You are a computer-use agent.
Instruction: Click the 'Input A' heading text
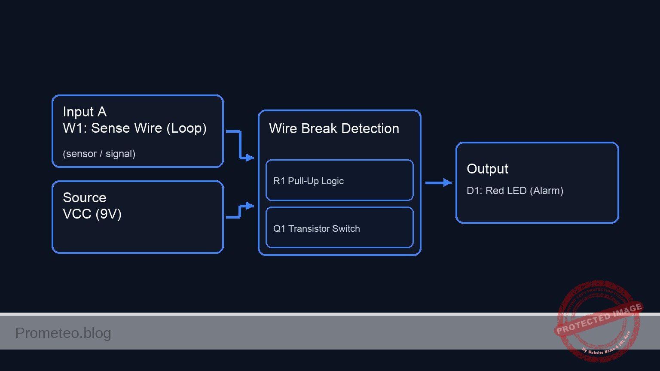click(x=85, y=112)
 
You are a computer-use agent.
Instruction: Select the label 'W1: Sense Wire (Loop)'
click(x=134, y=128)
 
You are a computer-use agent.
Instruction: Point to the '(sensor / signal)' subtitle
click(x=99, y=154)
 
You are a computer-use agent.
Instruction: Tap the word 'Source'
click(x=84, y=198)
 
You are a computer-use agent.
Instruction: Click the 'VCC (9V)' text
click(x=92, y=214)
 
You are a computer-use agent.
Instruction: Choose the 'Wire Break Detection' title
click(x=334, y=128)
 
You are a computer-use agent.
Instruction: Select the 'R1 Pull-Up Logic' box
click(x=339, y=180)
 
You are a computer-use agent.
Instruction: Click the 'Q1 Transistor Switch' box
click(x=339, y=228)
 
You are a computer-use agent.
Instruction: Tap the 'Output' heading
click(x=487, y=169)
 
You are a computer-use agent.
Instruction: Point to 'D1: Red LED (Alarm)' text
click(x=515, y=191)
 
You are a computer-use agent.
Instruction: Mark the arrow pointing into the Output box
click(x=438, y=183)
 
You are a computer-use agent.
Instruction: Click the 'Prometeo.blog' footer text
click(x=63, y=333)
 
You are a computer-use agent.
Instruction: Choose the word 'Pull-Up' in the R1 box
click(x=303, y=181)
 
